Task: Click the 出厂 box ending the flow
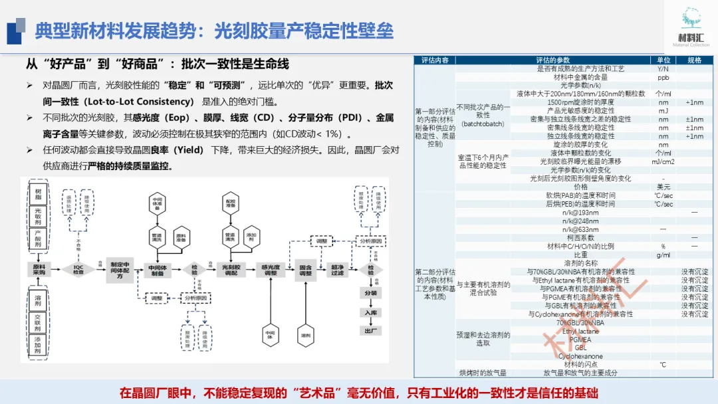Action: (370, 330)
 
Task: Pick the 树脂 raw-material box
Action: (38, 193)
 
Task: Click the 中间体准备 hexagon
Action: (158, 203)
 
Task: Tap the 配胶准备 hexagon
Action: (231, 203)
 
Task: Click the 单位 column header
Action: (663, 60)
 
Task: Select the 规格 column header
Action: (694, 60)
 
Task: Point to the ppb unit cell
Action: (663, 77)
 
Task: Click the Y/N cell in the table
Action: (663, 69)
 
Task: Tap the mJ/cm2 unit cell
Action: (663, 161)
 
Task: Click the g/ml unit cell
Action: (663, 254)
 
